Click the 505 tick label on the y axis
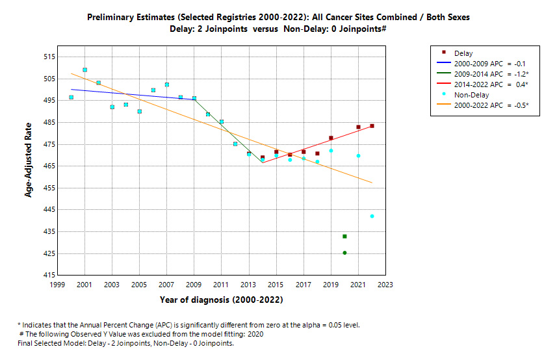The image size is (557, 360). tap(48, 79)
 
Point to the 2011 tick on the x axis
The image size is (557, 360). tap(222, 284)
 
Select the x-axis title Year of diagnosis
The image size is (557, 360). tap(222, 300)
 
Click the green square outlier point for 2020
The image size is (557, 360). tap(344, 236)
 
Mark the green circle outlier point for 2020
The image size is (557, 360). tap(344, 253)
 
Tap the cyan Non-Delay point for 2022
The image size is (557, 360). tap(372, 216)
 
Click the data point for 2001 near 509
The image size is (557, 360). tap(84, 70)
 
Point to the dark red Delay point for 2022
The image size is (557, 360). tap(372, 126)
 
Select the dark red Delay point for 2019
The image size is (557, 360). tap(331, 138)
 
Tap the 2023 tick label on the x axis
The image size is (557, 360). tap(385, 284)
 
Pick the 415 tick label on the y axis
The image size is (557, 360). tap(48, 275)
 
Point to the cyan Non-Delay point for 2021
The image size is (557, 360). tap(358, 155)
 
